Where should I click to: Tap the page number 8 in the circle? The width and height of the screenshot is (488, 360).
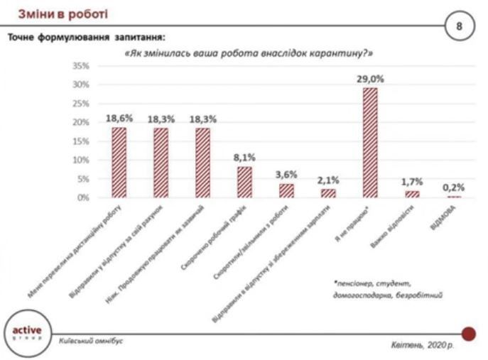click(x=459, y=26)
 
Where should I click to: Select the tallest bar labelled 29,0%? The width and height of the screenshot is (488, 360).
click(x=369, y=143)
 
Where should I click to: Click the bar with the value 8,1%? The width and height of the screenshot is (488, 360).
click(x=244, y=182)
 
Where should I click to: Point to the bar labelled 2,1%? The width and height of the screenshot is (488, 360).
click(x=327, y=193)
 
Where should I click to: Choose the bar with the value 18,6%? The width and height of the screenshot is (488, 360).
click(x=119, y=162)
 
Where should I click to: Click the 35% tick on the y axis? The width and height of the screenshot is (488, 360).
click(x=80, y=66)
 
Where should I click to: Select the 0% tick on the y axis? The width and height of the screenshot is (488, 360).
click(x=82, y=197)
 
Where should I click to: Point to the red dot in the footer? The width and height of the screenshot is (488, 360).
click(x=468, y=333)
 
